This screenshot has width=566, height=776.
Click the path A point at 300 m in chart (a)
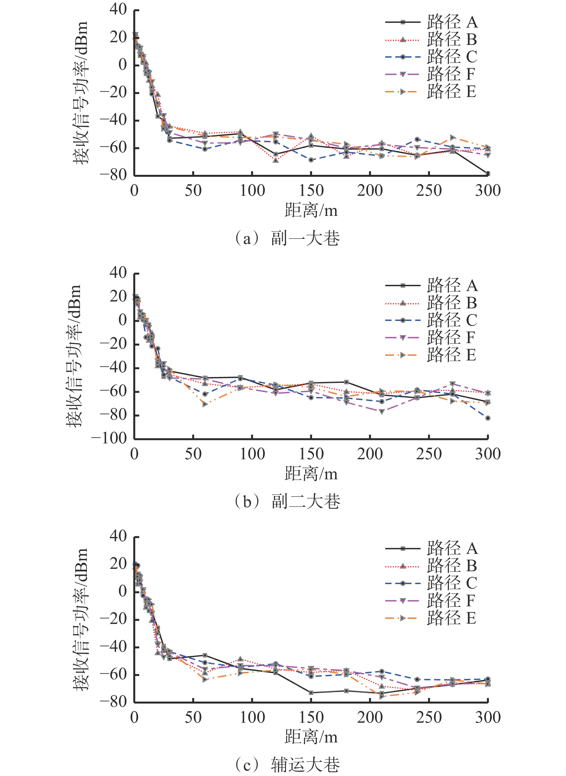[x=488, y=174]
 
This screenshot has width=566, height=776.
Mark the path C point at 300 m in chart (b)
[x=488, y=418]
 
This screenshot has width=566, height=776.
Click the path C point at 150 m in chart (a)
[x=311, y=160]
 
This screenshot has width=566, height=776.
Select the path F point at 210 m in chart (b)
[x=382, y=412]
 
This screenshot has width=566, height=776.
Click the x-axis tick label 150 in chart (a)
[x=311, y=190]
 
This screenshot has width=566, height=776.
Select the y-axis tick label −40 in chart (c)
[x=113, y=647]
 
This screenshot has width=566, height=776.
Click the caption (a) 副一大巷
[x=287, y=238]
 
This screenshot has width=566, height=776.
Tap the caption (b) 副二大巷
[x=287, y=501]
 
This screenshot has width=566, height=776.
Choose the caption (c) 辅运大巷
[x=287, y=764]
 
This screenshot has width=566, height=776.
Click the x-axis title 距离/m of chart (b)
[x=311, y=474]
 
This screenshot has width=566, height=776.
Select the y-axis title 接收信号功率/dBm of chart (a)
[x=81, y=93]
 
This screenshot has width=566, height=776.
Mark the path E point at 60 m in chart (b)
[x=205, y=404]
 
